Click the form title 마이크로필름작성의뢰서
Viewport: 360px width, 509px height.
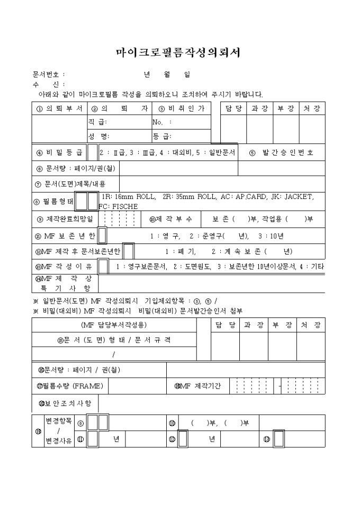pos(178,52)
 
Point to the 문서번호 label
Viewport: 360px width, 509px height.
pos(47,75)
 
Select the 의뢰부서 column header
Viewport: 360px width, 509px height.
pos(59,108)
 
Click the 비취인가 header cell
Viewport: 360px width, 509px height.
pos(182,108)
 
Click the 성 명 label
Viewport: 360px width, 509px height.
pos(98,137)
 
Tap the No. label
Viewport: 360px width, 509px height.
pos(162,122)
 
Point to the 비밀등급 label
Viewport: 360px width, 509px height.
pos(59,153)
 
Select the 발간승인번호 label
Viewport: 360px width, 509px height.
pos(281,153)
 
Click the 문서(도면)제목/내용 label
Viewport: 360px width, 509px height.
pos(70,184)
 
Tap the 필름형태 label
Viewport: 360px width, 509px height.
pos(53,202)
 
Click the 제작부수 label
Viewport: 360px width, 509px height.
pos(170,219)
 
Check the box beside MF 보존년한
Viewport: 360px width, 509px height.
pos(102,235)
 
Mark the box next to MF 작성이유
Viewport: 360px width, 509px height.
pos(104,267)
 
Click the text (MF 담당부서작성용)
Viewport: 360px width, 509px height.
pos(114,324)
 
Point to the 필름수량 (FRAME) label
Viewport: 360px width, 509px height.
pos(69,386)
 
